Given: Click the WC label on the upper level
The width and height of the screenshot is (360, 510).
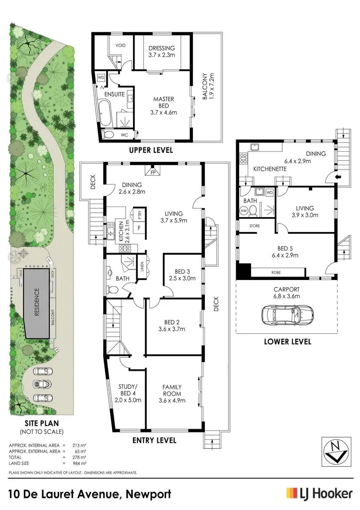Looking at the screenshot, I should coord(125,135).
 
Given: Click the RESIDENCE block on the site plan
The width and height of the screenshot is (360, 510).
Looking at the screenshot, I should coord(38,304).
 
